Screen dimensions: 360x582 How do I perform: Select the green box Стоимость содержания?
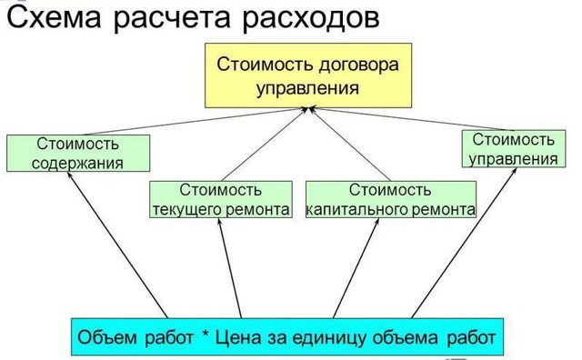tap(77, 154)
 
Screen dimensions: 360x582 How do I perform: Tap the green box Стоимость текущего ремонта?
tap(221, 200)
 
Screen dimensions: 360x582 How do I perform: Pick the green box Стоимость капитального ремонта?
tap(390, 200)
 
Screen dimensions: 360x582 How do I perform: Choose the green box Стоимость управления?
tap(512, 150)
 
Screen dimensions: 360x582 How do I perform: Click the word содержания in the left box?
tap(77, 164)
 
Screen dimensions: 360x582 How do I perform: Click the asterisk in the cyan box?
tap(206, 338)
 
